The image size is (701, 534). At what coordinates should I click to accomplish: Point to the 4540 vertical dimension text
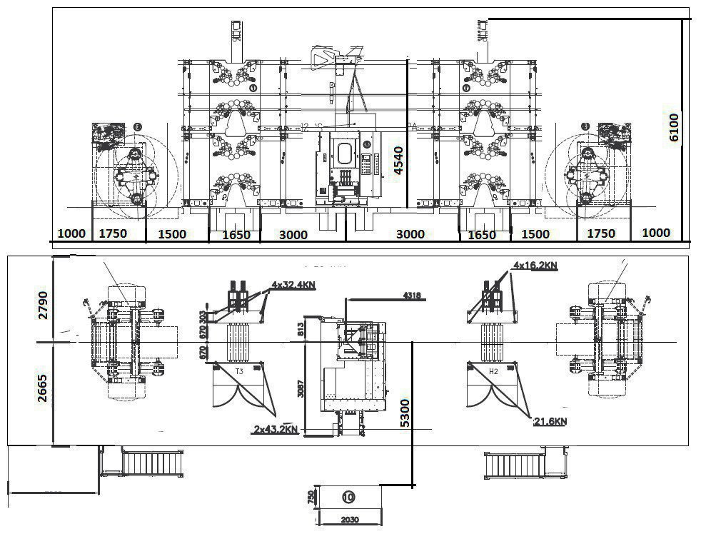click(x=398, y=161)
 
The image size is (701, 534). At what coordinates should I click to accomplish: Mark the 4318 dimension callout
click(x=412, y=295)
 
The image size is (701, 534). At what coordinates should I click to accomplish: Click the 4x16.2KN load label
click(x=535, y=266)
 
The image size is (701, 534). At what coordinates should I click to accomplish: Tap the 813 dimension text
click(x=301, y=328)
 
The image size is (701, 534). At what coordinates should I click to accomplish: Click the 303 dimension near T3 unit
click(x=203, y=317)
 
